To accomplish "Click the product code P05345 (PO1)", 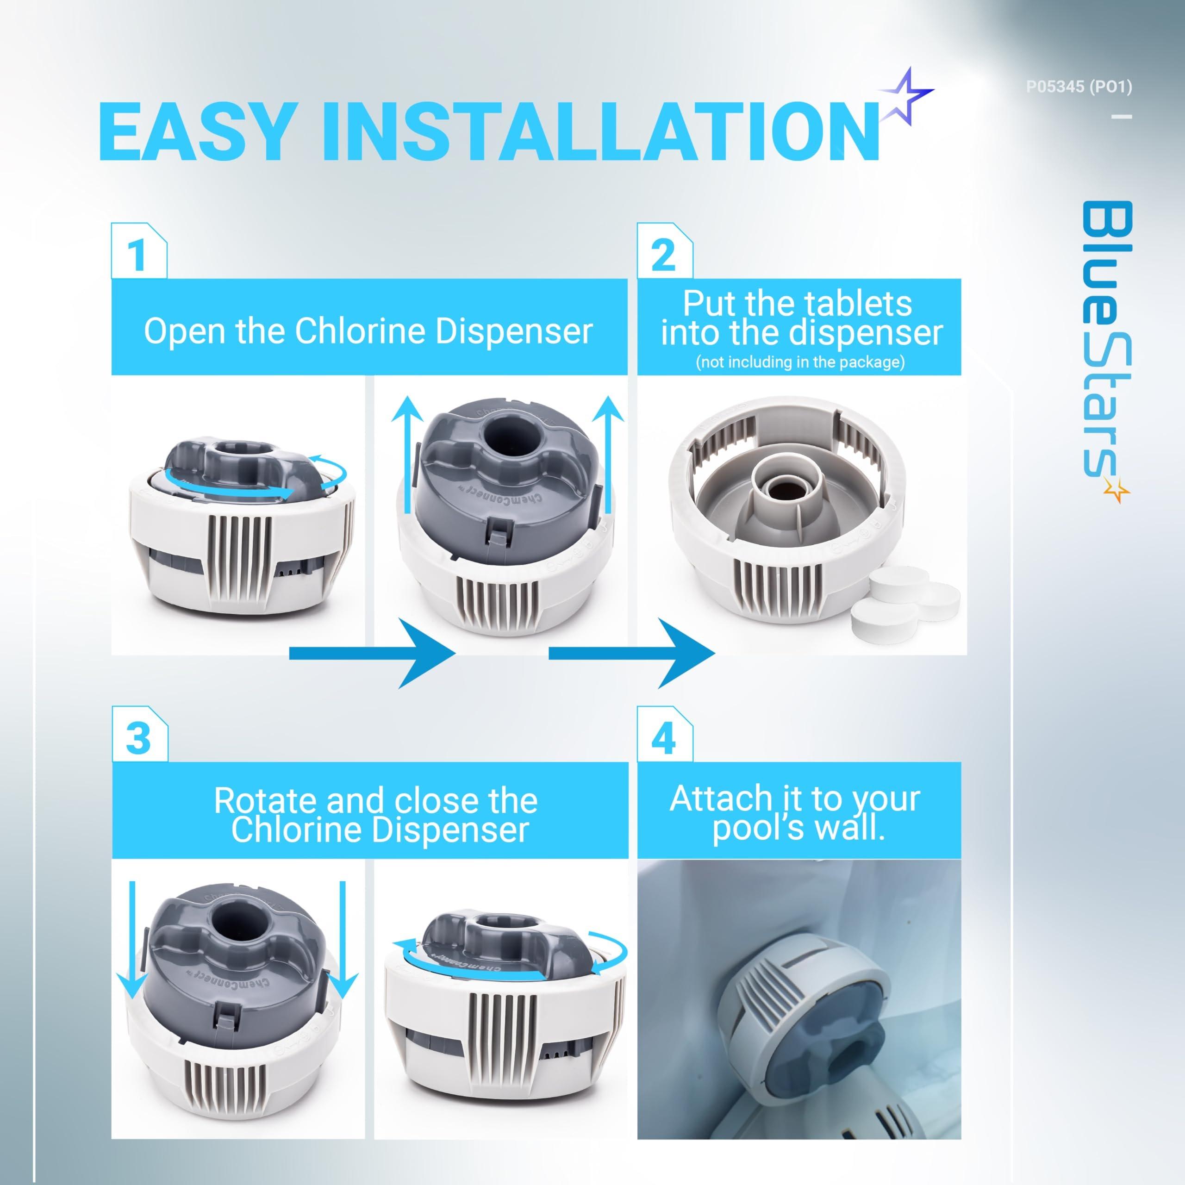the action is click(x=1079, y=87).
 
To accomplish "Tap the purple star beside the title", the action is click(x=906, y=97).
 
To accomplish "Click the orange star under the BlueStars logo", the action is click(x=1115, y=490).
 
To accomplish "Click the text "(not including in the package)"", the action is click(x=800, y=362).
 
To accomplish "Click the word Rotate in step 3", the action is click(x=266, y=800).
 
